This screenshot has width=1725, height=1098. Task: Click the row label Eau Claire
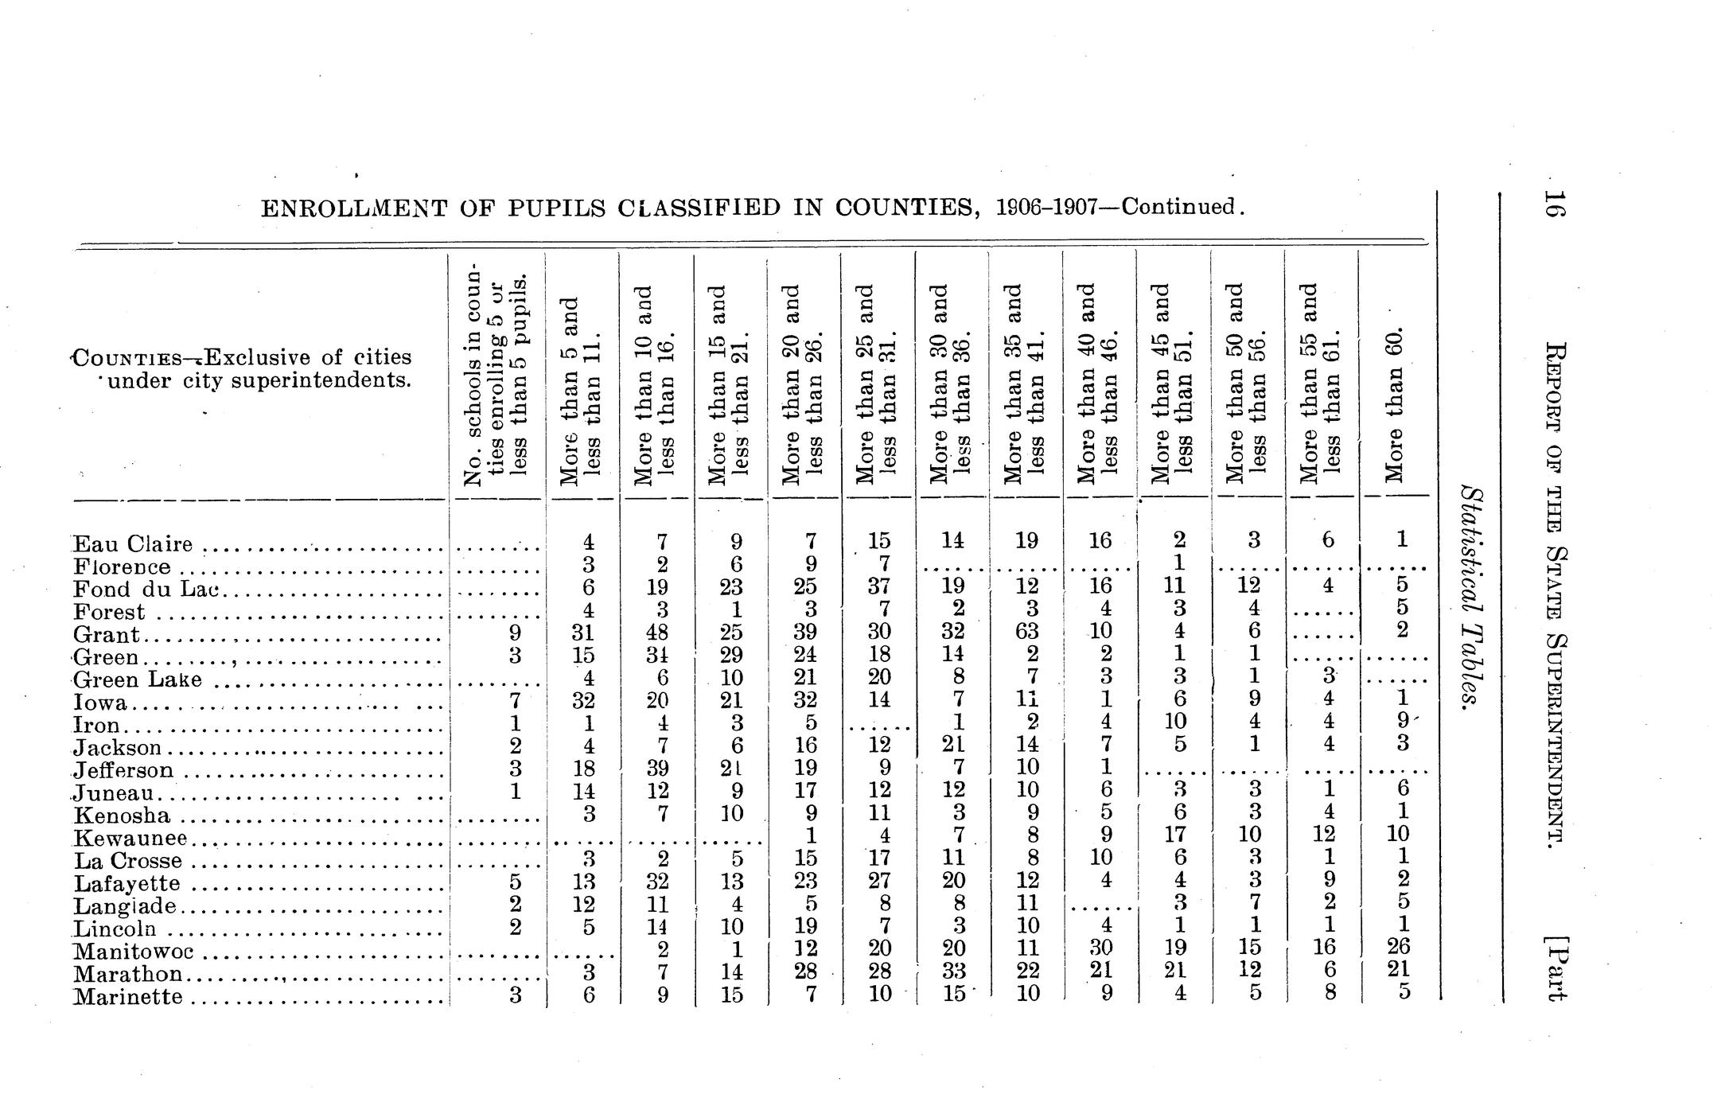133,545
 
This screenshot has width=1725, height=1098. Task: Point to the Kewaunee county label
130,839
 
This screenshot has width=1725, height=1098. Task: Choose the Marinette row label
128,997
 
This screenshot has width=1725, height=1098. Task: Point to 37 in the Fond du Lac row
878,586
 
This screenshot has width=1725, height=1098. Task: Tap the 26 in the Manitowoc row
1403,947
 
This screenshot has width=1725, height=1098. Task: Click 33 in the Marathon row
952,970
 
